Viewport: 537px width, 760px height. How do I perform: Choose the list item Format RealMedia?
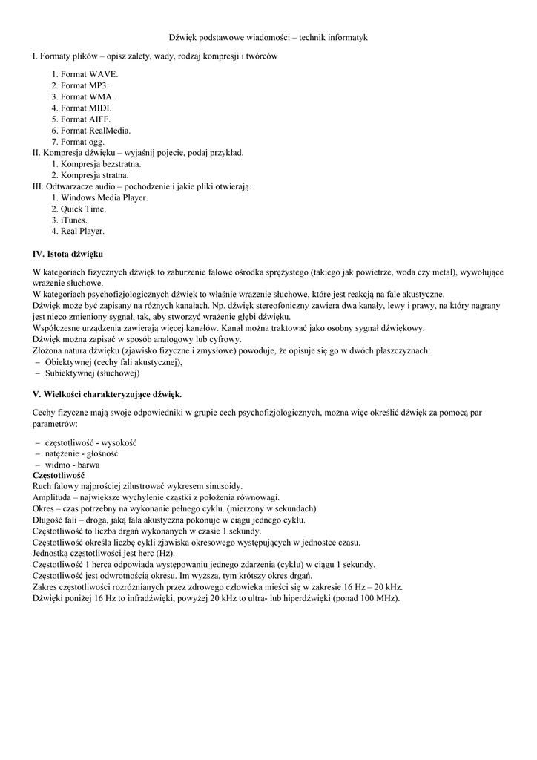click(x=96, y=130)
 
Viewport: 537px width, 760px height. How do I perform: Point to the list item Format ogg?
click(x=82, y=141)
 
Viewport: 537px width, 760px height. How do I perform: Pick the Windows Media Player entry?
click(x=104, y=197)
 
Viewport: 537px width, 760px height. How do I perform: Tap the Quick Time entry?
click(x=83, y=209)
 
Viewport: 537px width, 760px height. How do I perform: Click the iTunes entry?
click(x=74, y=220)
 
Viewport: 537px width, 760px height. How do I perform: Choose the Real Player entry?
click(x=82, y=231)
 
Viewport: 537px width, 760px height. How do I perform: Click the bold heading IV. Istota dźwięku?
click(x=67, y=254)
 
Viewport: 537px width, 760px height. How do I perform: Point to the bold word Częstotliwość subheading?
click(x=59, y=475)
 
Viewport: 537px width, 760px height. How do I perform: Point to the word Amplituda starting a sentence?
click(x=51, y=497)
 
